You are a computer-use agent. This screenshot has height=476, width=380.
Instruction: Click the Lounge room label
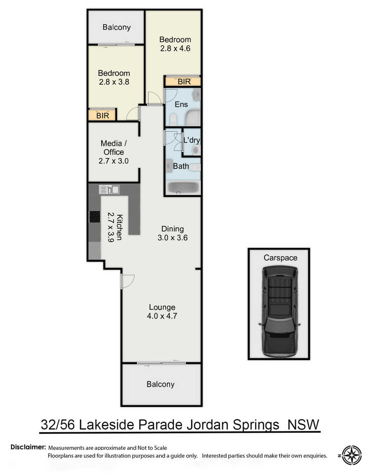[x=162, y=307]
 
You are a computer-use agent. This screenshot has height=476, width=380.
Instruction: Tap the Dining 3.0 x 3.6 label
[x=172, y=233]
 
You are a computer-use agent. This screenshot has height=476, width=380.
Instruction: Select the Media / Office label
[x=114, y=147]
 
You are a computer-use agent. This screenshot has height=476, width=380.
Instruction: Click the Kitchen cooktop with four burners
[x=95, y=217]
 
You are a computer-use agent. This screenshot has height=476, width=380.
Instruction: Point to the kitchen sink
[x=109, y=190]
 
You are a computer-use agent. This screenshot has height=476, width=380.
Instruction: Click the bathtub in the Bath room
[x=183, y=188]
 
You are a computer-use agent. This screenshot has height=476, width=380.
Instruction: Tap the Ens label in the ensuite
[x=181, y=104]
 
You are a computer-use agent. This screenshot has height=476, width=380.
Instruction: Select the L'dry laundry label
[x=192, y=140]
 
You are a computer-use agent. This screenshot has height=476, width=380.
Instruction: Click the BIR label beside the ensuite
[x=184, y=82]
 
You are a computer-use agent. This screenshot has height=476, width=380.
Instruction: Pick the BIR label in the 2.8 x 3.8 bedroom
[x=102, y=115]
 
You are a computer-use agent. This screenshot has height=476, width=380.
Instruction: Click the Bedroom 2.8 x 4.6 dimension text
[x=175, y=48]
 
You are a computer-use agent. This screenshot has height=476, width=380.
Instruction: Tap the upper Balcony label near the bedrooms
[x=116, y=27]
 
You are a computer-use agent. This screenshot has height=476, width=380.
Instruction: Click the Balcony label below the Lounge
[x=161, y=385]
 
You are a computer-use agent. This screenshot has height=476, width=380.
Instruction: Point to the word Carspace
[x=280, y=258]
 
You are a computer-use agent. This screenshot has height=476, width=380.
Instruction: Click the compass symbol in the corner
[x=351, y=455]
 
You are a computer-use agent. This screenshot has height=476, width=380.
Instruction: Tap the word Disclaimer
[x=28, y=447]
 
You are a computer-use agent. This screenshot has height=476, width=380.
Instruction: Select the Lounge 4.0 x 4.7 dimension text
[x=162, y=316]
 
